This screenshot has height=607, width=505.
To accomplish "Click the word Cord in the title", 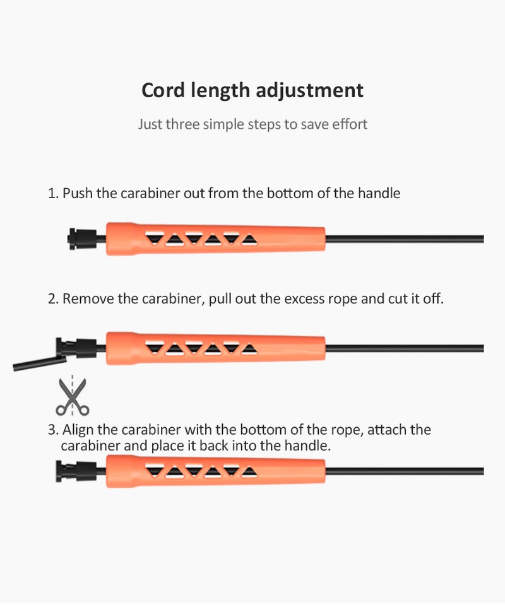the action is coord(163,90).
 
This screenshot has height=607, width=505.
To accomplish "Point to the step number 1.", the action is coord(53,193).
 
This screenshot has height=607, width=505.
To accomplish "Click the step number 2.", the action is coord(53,299).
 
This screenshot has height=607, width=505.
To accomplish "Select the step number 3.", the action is coord(53,430).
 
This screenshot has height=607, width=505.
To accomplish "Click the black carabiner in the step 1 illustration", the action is coord(82,239).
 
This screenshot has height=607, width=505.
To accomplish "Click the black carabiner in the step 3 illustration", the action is coord(76,471).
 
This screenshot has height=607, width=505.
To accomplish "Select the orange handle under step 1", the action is coord(215,239).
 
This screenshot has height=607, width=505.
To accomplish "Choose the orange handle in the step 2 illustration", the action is coord(215,348).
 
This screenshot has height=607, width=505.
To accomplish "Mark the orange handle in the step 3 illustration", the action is coord(215,471).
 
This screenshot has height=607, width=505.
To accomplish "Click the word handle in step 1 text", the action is coord(379,193).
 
